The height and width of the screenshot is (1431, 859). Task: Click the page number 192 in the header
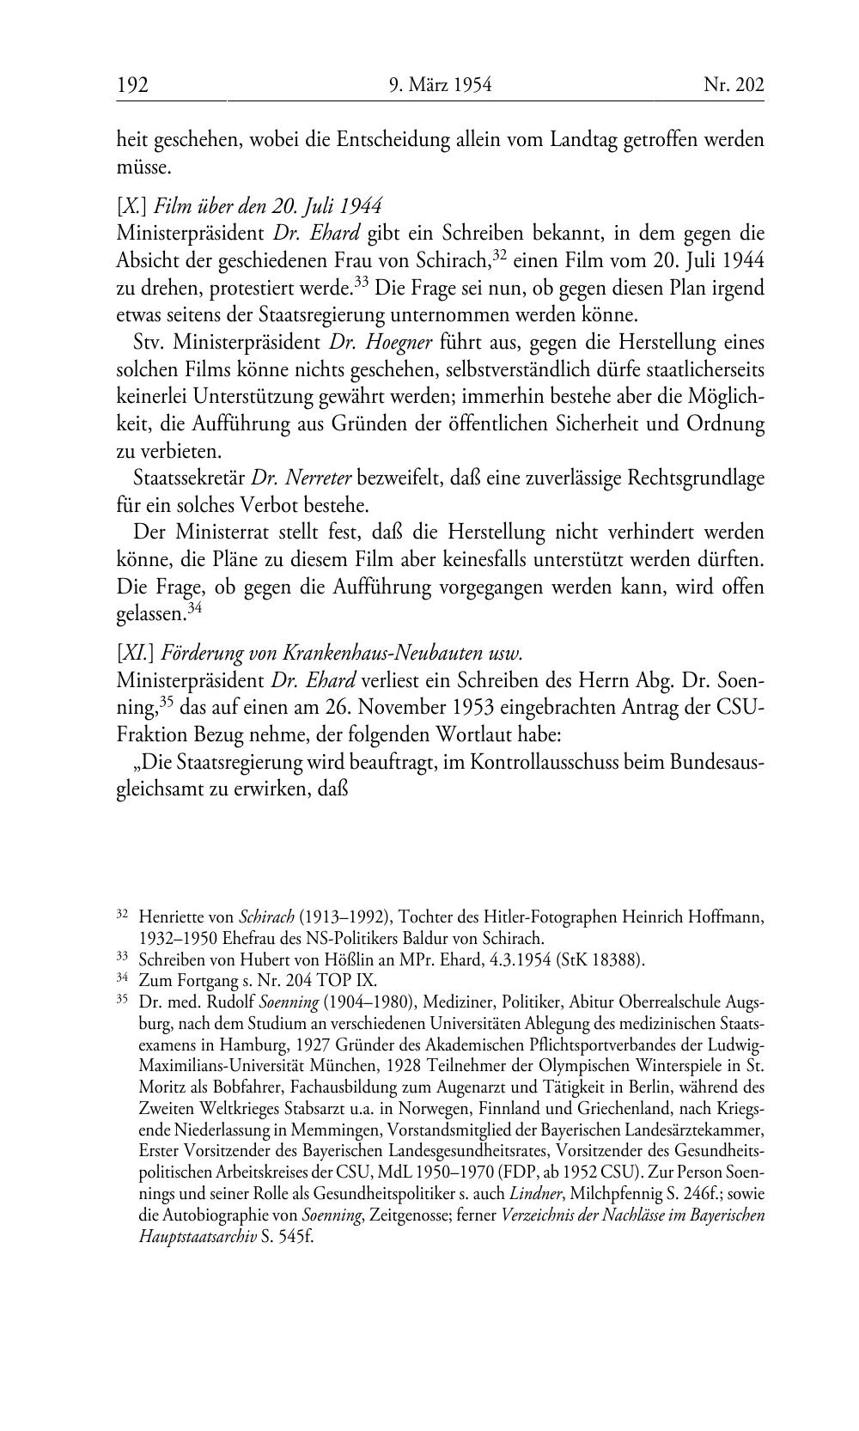[133, 85]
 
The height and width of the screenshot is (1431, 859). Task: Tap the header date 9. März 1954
[440, 85]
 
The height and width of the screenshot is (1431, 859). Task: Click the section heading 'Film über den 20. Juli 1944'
[268, 206]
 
